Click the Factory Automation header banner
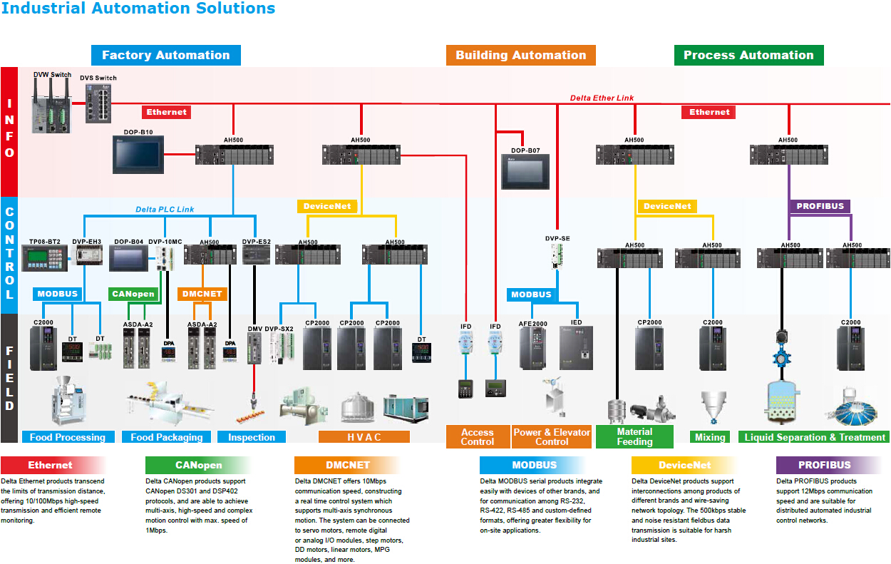point(165,55)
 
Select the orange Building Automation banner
point(520,55)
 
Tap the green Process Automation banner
point(748,55)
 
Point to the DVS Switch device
point(98,103)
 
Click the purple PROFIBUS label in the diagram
point(820,206)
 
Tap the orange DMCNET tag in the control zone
point(201,294)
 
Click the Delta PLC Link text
point(165,210)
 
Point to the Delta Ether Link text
point(602,98)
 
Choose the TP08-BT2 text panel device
point(43,257)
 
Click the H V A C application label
point(364,437)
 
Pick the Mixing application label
point(710,437)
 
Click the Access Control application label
point(478,437)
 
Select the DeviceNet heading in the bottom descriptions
point(684,465)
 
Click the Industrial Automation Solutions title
point(138,9)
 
